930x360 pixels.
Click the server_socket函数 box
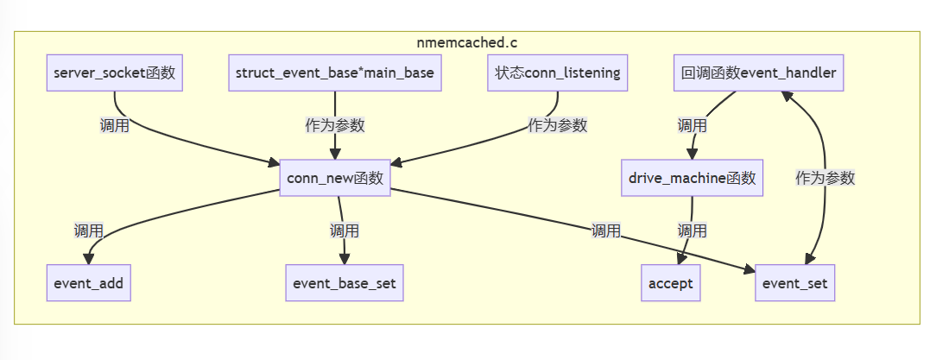115,73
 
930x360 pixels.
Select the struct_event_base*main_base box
335,73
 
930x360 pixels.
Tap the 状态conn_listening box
558,73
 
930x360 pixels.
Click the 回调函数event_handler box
758,73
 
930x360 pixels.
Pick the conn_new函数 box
335,178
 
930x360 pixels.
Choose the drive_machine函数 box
693,178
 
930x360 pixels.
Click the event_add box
88,283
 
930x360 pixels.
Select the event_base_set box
345,283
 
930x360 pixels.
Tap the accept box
671,283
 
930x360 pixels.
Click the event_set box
794,283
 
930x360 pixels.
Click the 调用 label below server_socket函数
115,126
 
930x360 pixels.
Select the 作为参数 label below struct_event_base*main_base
335,126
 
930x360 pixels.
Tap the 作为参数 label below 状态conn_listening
558,126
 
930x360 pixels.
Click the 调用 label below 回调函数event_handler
693,126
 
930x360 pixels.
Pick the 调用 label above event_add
88,231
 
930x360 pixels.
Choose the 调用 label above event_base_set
345,231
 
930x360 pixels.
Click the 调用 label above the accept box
693,231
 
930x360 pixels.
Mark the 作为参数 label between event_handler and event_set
825,178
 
